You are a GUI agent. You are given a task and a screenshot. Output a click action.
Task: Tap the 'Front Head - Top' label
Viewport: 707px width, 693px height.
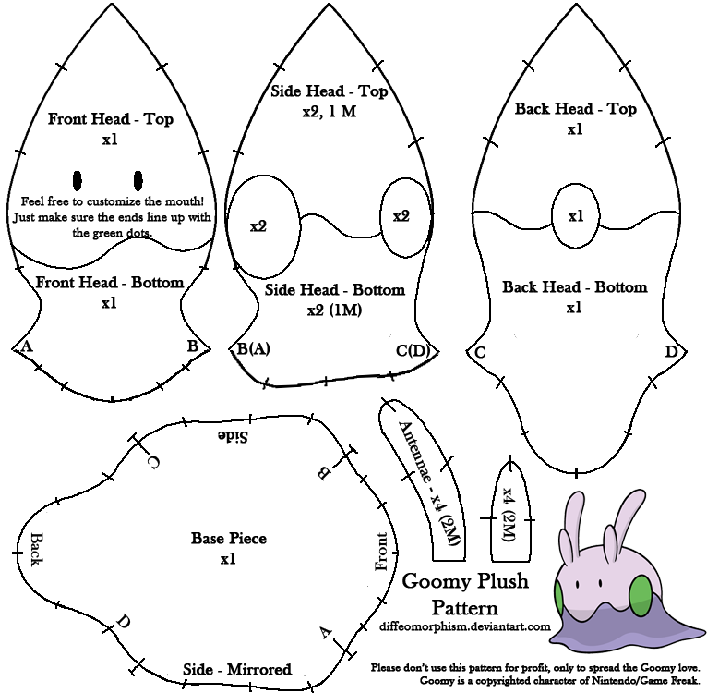tap(111, 119)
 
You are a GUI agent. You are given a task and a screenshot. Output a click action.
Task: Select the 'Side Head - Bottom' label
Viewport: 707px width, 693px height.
tap(334, 290)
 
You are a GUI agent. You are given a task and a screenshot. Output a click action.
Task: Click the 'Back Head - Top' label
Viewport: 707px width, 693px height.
tap(575, 109)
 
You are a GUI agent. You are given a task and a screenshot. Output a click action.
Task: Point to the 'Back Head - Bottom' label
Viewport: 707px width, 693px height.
tap(574, 287)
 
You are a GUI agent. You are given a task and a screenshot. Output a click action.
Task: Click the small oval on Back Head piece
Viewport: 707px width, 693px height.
tap(575, 216)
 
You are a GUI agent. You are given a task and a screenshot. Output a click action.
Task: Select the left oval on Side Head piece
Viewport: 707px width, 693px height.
tap(264, 225)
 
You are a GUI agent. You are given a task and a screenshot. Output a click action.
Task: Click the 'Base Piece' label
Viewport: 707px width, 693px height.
tap(228, 538)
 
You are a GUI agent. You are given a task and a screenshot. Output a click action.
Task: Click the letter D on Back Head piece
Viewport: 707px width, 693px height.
tap(670, 352)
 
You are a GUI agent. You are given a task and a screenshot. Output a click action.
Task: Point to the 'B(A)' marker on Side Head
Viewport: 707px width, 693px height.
tap(254, 349)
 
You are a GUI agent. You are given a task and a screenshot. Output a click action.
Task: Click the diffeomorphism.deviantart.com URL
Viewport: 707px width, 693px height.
tap(464, 626)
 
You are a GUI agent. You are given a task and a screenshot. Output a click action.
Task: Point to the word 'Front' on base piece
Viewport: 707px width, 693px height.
tap(381, 552)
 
